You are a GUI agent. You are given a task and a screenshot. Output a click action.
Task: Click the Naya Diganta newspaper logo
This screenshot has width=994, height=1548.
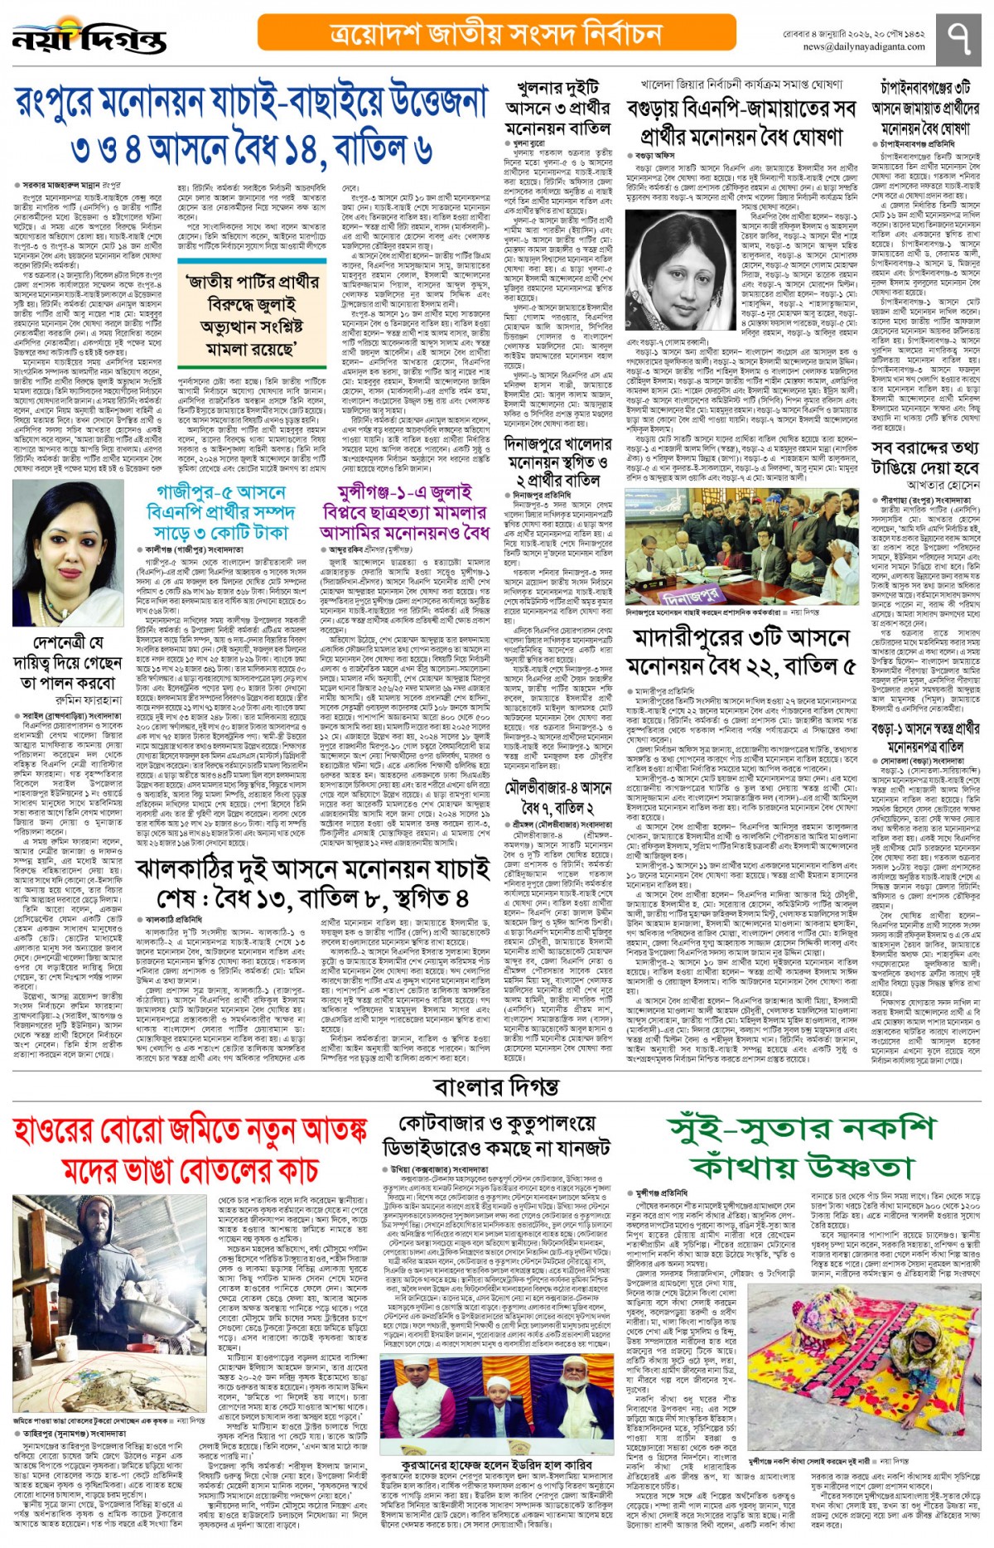point(89,38)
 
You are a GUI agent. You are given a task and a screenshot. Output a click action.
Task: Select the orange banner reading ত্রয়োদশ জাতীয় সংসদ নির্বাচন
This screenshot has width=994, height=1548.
point(496,33)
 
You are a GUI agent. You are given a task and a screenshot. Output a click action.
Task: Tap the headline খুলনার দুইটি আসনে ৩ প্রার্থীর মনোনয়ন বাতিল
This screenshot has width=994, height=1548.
point(557,109)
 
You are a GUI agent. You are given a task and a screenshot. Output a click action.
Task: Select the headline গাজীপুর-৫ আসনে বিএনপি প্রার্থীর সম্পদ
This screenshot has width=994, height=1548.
point(215,512)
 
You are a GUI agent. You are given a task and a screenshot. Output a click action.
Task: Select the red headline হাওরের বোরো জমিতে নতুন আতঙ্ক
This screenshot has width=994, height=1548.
point(190,1149)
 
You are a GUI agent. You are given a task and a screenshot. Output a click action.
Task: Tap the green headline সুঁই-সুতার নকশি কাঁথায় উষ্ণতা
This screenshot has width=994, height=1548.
point(802,1147)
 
